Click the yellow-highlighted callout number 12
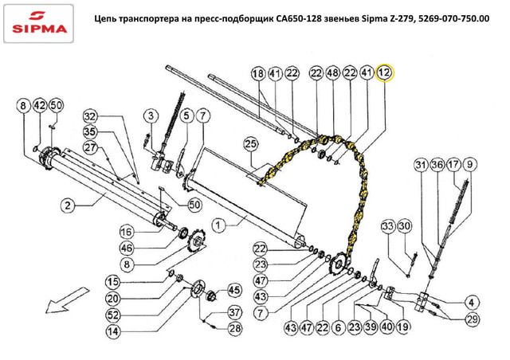pyautogui.click(x=385, y=73)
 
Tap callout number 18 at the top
pyautogui.click(x=257, y=73)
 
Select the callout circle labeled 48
pyautogui.click(x=332, y=73)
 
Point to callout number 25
pyautogui.click(x=251, y=144)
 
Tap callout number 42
pyautogui.click(x=38, y=106)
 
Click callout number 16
pyautogui.click(x=127, y=232)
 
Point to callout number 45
pyautogui.click(x=234, y=290)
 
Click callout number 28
pyautogui.click(x=234, y=328)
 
